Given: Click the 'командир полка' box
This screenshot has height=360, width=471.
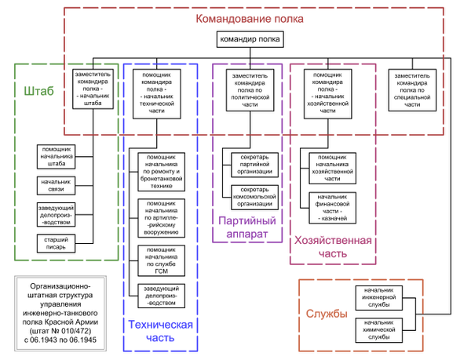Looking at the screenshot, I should [x=247, y=40].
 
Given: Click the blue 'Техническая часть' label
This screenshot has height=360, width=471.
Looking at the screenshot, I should [x=162, y=331].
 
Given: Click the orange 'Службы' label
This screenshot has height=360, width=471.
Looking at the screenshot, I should [x=327, y=314].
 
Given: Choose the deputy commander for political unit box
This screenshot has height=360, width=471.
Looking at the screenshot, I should [x=250, y=91].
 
